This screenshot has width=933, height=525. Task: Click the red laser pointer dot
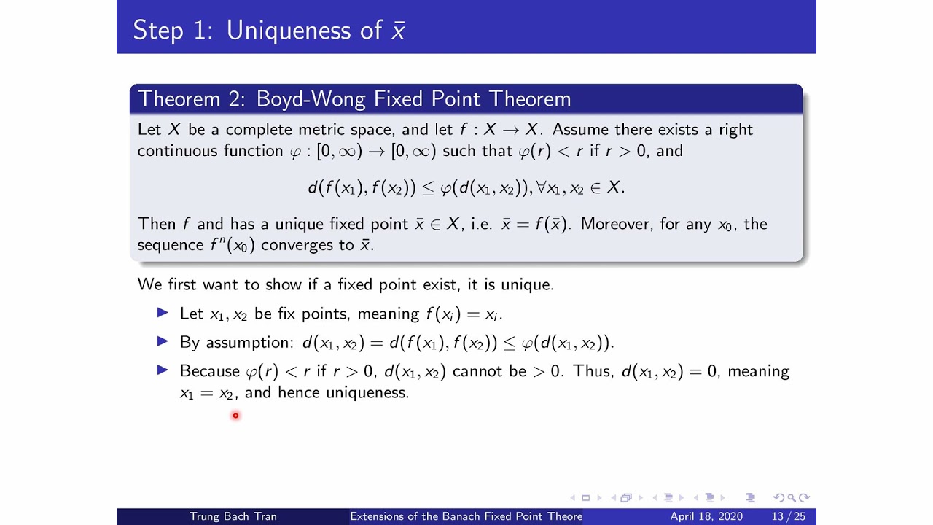coord(235,416)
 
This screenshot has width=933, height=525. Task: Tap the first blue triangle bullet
coord(163,313)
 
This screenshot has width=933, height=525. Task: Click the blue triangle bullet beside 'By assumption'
coord(163,341)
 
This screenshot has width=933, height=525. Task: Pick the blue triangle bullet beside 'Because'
coord(163,370)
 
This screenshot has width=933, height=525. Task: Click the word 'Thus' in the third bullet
coord(591,371)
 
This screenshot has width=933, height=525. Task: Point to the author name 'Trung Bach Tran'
coord(233,516)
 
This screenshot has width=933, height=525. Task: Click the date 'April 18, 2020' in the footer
coord(706,516)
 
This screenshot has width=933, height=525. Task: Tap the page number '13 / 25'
coord(789,516)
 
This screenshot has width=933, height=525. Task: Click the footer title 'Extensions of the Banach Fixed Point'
coord(466,516)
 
